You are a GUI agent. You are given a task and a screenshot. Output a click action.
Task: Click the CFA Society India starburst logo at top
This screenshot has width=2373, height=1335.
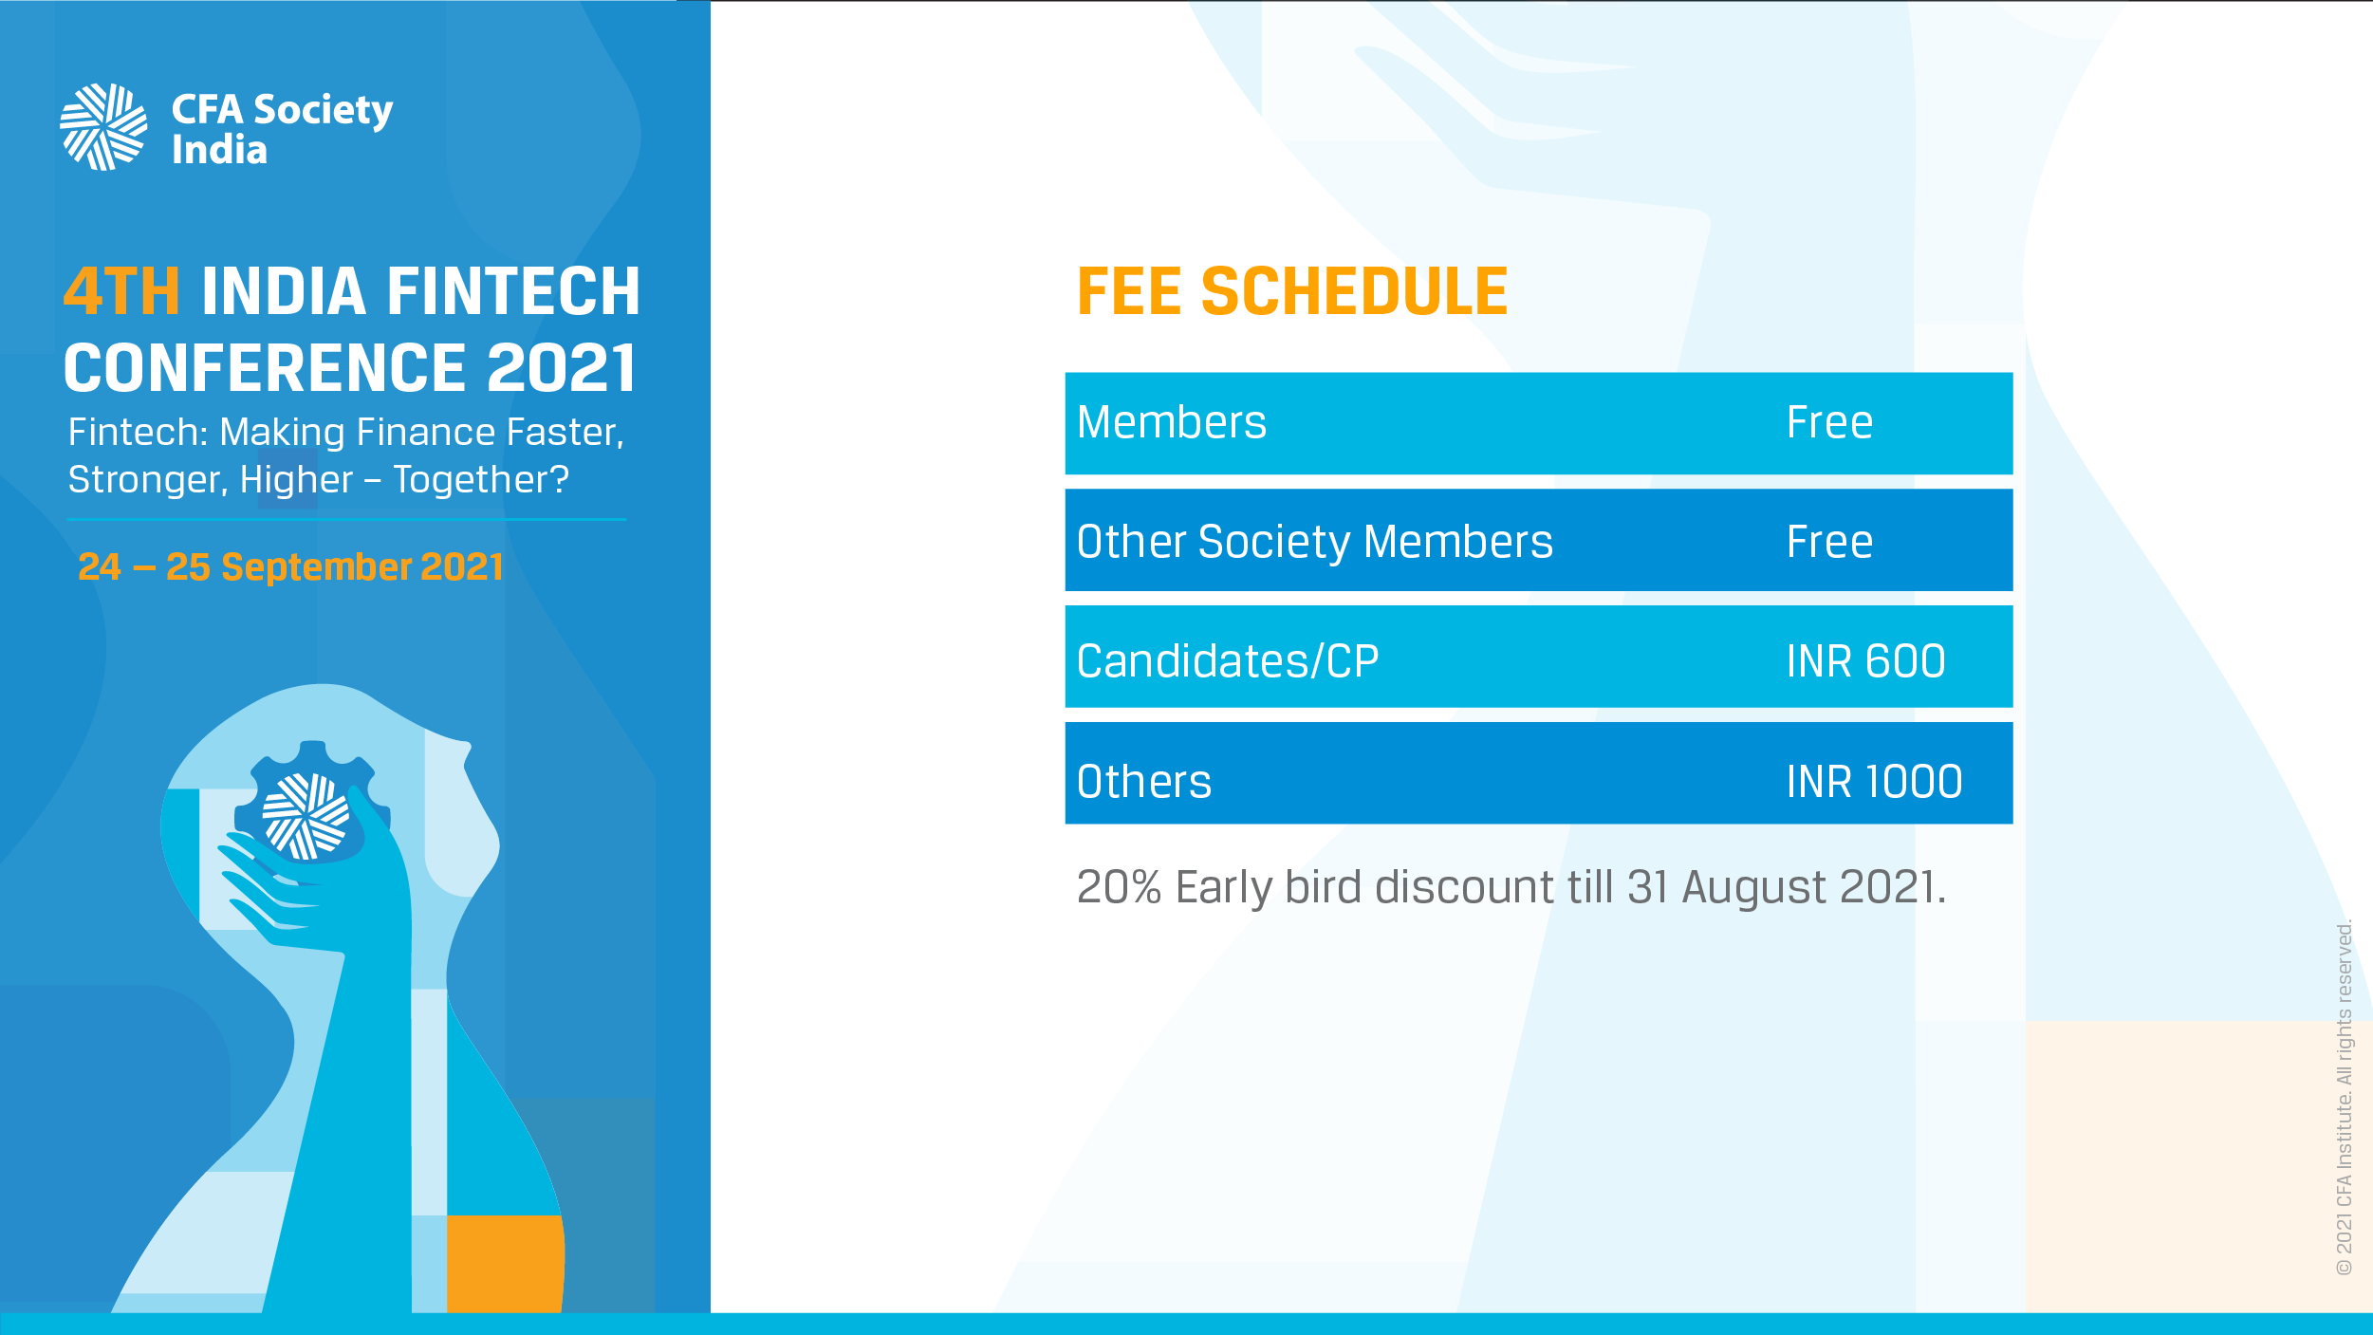coord(103,127)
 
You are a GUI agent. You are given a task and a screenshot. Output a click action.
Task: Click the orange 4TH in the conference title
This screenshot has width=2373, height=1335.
coord(121,291)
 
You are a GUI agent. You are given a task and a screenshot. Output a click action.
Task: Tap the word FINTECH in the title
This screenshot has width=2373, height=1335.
coord(513,291)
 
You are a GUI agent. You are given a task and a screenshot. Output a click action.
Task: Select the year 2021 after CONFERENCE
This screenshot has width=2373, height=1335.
coord(561,368)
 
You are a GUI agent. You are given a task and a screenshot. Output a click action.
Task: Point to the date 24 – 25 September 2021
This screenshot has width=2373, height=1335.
coord(289,567)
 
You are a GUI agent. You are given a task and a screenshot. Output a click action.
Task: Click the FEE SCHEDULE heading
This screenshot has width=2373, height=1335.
coord(1292,291)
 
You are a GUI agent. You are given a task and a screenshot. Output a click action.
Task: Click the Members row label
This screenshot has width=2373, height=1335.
coord(1172,423)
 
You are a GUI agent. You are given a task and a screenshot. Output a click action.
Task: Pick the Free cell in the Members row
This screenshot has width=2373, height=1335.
coord(1829,423)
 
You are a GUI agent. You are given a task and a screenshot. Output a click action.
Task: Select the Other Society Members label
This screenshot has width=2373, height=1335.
coord(1315,543)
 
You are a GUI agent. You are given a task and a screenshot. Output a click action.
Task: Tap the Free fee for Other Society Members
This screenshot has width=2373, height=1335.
coord(1829,543)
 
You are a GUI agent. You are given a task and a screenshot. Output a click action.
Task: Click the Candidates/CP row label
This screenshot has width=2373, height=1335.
coord(1228,661)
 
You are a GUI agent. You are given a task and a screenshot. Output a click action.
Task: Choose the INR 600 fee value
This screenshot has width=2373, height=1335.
coord(1865,661)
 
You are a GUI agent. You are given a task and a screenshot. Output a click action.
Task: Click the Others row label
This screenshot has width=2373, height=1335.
coord(1144,782)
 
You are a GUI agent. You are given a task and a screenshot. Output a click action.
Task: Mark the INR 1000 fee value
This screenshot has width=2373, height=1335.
coord(1874,782)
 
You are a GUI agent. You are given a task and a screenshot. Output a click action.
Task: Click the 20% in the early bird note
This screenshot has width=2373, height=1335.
coord(1119,887)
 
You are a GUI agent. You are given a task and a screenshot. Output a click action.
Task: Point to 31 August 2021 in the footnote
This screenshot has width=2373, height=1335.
coord(1786,887)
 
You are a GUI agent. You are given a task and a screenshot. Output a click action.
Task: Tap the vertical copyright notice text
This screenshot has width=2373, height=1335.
coord(2345,1098)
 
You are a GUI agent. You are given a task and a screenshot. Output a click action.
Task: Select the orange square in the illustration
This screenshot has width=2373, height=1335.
coord(505,1264)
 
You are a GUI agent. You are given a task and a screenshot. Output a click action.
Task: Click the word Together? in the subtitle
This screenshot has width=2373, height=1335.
coord(481,480)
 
